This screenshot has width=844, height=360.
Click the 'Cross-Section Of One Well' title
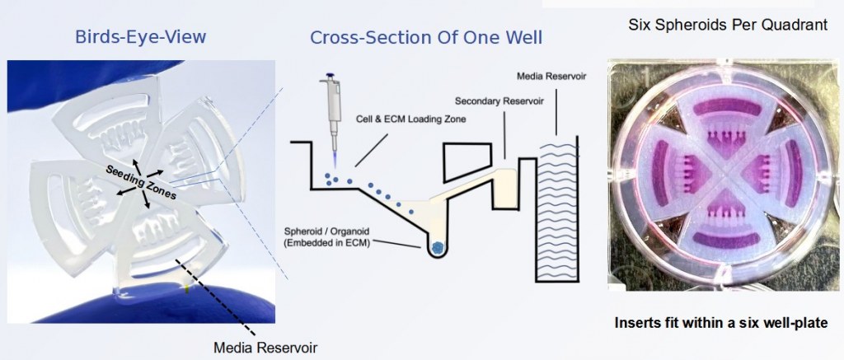426,38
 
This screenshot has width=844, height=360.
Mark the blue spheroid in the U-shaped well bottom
438,245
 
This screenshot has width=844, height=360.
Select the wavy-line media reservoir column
561,206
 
